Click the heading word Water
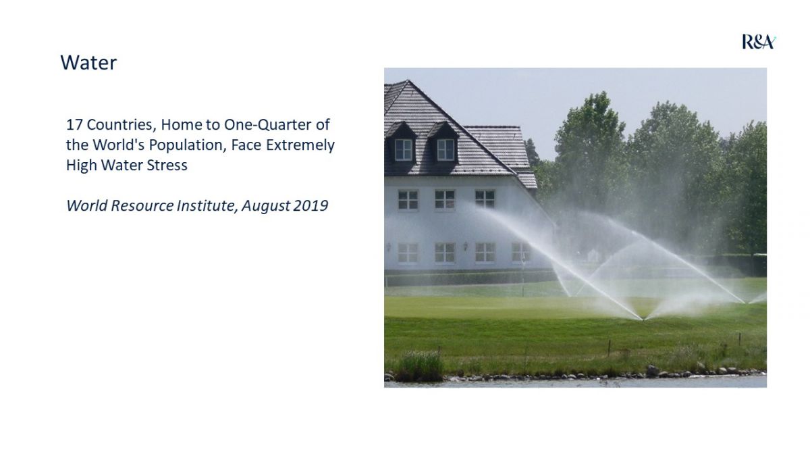coord(88,63)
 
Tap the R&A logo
coord(759,42)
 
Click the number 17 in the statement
coord(74,124)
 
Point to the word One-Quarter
coord(267,125)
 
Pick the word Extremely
coord(300,145)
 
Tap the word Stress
coord(167,166)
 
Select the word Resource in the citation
coord(142,205)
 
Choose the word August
coord(265,206)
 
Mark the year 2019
coord(310,205)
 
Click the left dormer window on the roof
coord(403,149)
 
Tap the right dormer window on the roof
coord(446,149)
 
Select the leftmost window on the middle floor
coord(408,200)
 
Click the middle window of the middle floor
coord(444,199)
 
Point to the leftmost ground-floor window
coord(408,253)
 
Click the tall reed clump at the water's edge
coord(421,365)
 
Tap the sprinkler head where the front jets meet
coord(643,320)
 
